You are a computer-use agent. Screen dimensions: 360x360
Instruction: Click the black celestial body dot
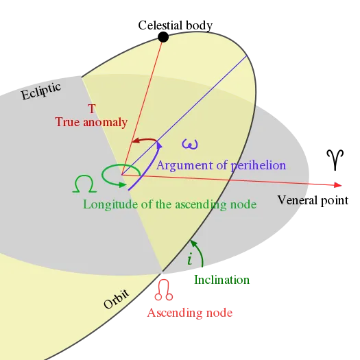pos(163,37)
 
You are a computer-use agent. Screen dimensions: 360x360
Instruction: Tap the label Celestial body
pos(175,25)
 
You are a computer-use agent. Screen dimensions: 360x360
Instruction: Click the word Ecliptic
pos(41,91)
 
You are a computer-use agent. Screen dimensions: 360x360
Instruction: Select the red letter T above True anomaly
pos(92,108)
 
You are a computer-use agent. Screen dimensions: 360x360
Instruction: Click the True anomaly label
pos(91,122)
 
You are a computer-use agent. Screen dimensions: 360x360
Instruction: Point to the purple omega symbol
pos(190,144)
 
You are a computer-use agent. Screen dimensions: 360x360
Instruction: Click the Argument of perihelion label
pos(221,165)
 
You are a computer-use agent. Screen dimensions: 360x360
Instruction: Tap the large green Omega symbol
pos(84,184)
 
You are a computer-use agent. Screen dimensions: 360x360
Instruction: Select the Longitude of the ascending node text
pos(169,204)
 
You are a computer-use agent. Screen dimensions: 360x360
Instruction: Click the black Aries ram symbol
pos(335,160)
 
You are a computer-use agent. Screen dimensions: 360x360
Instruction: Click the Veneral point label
pos(313,200)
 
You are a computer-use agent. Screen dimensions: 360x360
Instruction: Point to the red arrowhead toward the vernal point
pos(338,185)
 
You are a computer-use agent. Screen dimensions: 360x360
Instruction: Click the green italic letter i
pos(190,259)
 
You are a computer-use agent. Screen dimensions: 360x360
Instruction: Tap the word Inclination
pos(221,280)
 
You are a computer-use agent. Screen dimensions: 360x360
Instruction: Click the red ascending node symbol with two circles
pos(164,290)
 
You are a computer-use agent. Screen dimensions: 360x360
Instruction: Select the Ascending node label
pos(190,313)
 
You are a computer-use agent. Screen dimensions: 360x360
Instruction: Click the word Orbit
pos(116,299)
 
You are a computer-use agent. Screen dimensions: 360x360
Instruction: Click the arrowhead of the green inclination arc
pos(193,243)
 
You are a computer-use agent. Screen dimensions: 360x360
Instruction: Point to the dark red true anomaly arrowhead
pos(136,141)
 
